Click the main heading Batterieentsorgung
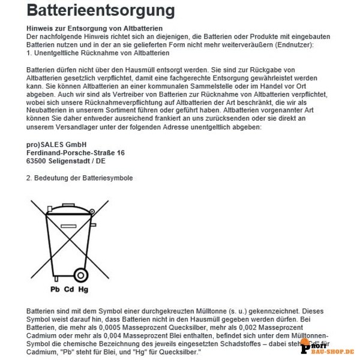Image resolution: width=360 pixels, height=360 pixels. [101, 11]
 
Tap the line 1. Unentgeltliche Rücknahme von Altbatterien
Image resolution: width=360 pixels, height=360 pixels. [91, 53]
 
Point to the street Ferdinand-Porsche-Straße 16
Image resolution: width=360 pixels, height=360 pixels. [76, 154]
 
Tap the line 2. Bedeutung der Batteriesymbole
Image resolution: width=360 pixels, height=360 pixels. [79, 179]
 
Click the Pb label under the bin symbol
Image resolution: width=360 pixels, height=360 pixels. [54, 289]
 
